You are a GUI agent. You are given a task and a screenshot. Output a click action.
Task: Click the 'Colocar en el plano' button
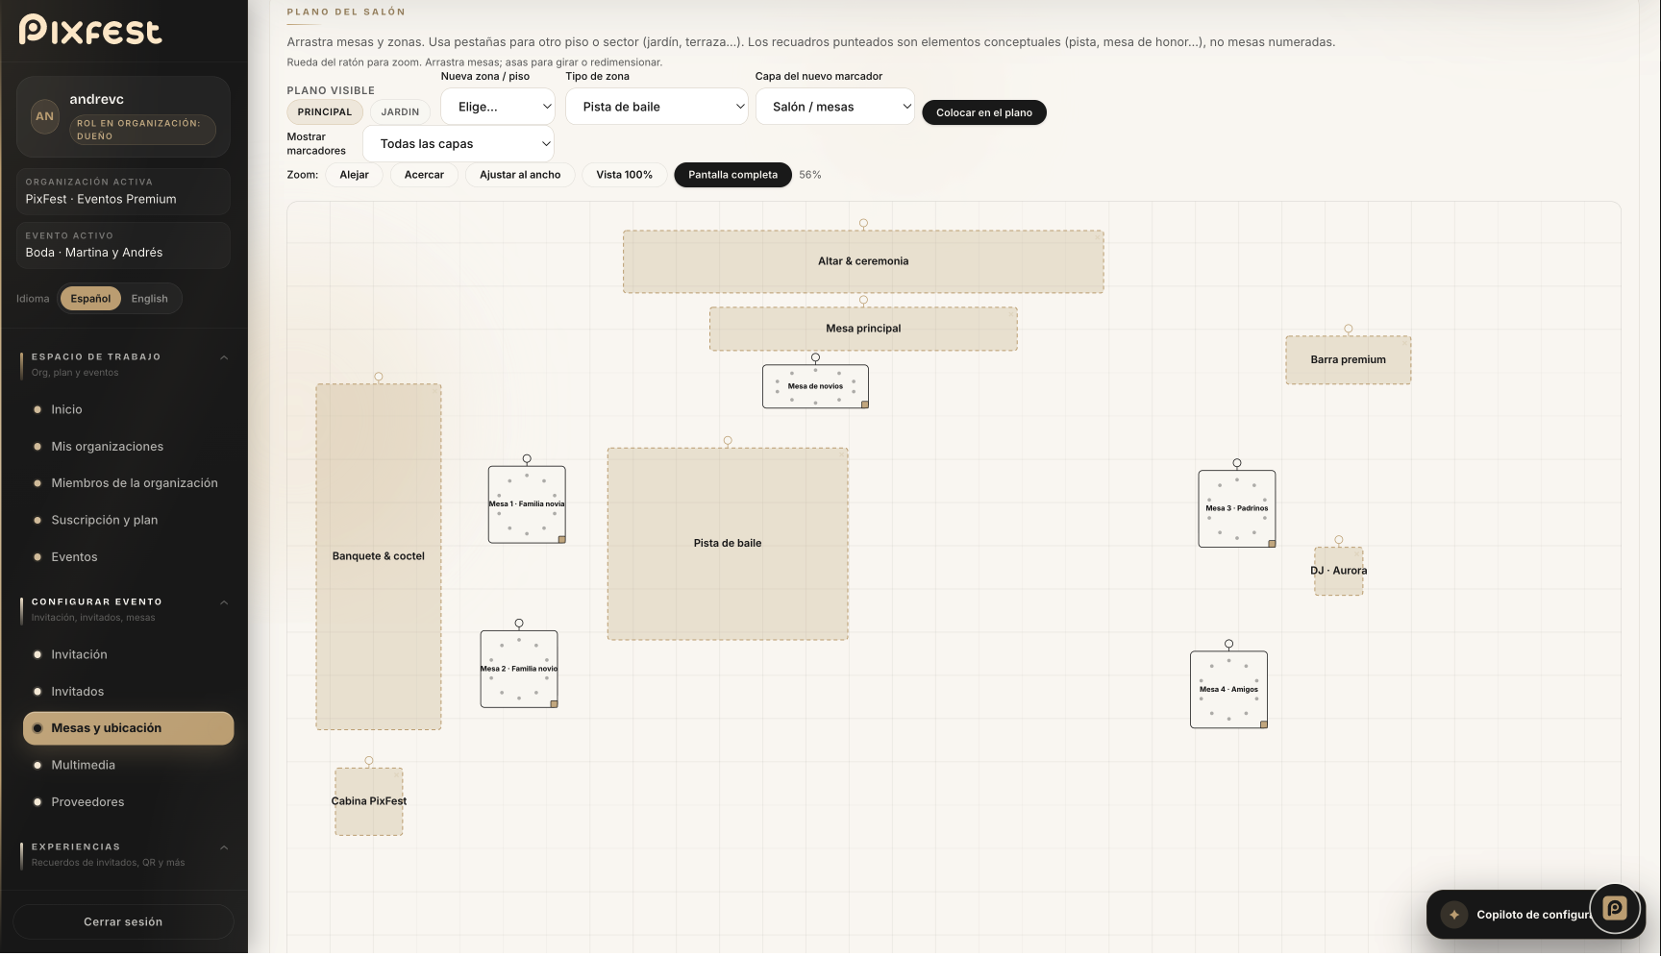984,112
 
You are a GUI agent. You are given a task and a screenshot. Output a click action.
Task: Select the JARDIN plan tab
400,112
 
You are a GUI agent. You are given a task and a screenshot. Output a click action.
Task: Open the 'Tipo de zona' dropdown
657,107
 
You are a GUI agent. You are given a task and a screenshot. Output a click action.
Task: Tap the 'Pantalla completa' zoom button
732,175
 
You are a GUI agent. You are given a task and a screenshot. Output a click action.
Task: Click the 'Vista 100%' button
624,175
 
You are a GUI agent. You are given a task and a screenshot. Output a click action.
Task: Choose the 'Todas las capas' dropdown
459,144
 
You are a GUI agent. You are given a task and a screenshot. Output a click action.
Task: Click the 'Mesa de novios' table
815,386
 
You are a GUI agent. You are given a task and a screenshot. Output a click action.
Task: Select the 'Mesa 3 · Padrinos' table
1237,508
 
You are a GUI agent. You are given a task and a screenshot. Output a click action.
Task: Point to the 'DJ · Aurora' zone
1339,571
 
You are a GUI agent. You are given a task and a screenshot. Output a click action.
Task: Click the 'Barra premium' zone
1349,360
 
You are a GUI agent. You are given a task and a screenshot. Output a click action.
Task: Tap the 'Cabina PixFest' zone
369,801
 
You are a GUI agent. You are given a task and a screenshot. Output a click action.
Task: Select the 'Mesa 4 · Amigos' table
1228,690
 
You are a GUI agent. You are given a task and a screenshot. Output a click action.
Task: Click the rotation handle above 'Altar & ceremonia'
863,223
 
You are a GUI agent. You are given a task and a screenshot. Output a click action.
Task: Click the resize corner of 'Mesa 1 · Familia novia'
562,540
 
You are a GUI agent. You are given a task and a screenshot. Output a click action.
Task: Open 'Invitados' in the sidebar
78,692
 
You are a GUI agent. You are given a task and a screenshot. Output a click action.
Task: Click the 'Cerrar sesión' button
123,922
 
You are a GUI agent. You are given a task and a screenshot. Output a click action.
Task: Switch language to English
149,299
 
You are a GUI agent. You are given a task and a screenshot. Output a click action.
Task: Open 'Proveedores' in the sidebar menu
87,802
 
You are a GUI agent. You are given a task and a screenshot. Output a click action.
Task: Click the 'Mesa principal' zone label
863,329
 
